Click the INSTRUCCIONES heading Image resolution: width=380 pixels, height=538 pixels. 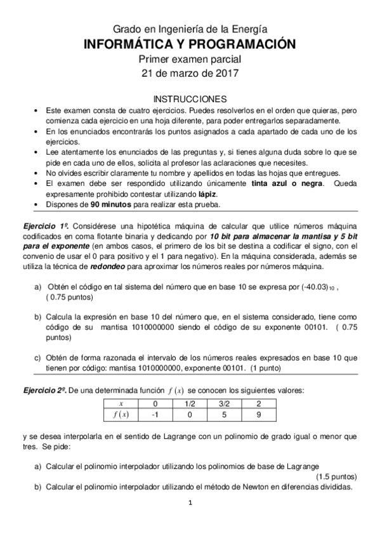[x=190, y=99]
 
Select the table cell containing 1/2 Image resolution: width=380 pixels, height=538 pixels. [x=189, y=403]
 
